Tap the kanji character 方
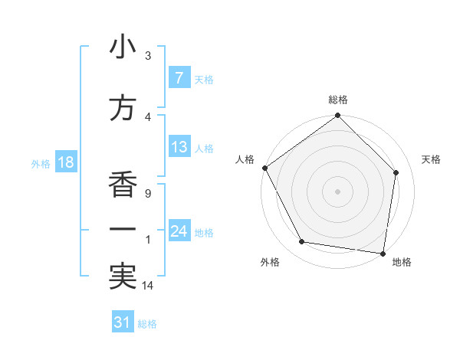pos(123,108)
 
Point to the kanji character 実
pos(123,276)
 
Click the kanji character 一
pos(123,229)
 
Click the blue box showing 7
pos(179,78)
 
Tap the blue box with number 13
pos(179,147)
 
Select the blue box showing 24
pos(179,231)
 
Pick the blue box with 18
pos(65,162)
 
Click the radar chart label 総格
pos(338,100)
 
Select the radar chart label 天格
pos(431,159)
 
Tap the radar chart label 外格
pos(270,262)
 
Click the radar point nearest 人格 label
pos(264,168)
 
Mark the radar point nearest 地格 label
pos(383,253)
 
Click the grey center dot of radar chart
pos(338,191)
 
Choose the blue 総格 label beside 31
pos(147,324)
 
